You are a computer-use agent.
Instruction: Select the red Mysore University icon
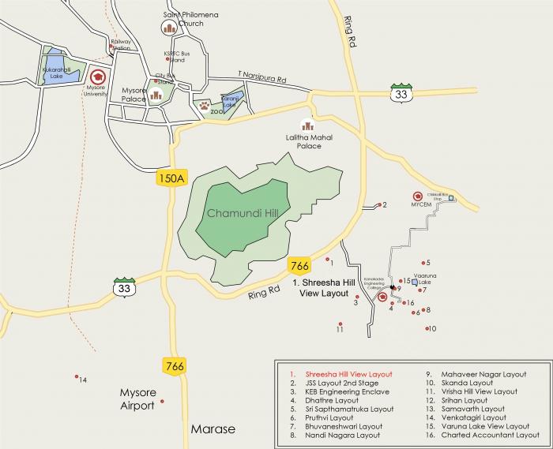pos(98,77)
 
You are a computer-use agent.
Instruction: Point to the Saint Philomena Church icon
pos(168,28)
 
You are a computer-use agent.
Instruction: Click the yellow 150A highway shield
pos(171,178)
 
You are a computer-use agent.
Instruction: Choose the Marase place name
pos(213,429)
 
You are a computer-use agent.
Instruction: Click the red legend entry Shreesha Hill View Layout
pos(342,374)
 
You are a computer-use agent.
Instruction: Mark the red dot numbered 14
pos(76,376)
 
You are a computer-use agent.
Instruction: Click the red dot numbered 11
pos(340,324)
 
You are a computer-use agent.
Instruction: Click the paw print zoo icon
pos(205,103)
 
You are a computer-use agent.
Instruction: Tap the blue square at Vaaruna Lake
pos(414,281)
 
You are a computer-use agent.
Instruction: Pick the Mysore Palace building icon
pos(156,95)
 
